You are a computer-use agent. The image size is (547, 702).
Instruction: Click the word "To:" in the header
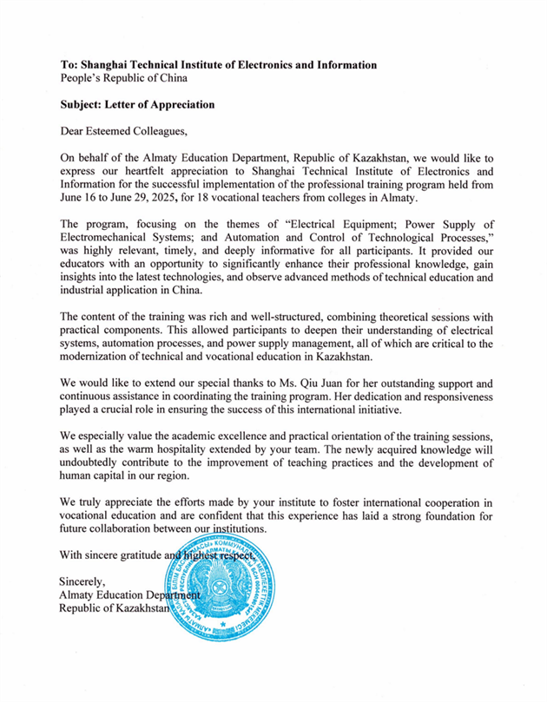(69, 64)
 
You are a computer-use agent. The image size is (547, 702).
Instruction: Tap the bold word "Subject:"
(85, 105)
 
